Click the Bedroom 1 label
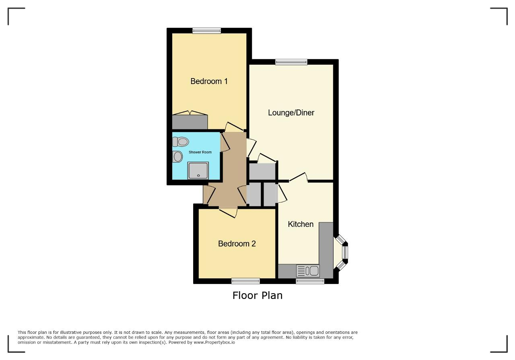209,81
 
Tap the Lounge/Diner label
291,113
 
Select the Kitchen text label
301,224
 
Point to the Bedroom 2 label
237,244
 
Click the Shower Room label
200,152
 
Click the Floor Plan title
257,295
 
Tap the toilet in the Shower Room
181,142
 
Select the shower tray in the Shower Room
198,171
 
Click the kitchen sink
308,271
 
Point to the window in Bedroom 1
207,31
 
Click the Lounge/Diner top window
291,62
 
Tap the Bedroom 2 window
245,281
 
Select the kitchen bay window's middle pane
345,253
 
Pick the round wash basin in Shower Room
177,157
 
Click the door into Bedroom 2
228,212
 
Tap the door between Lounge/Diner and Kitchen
299,177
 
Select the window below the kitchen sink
310,281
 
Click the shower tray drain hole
198,176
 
